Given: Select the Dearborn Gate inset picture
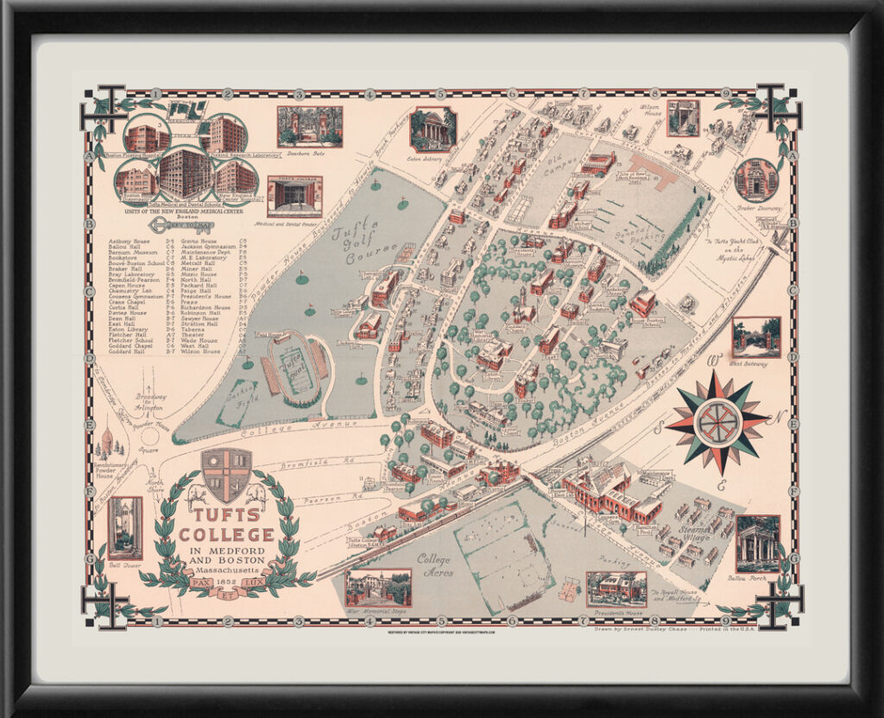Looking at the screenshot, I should pos(309,126).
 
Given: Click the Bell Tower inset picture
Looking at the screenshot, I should pos(124,526).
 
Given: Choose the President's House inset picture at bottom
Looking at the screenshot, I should pos(616,589).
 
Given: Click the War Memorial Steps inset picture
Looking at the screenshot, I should pos(378,587).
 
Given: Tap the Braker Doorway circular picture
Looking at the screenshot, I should pos(756,179).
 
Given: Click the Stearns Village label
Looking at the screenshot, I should pos(695,532).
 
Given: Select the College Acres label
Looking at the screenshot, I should pos(434,564).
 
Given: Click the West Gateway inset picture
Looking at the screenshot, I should pos(756,337).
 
